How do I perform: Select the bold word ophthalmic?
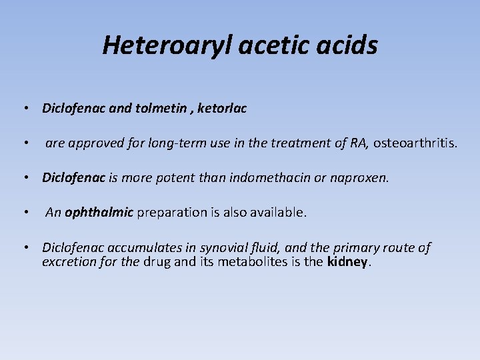pos(99,213)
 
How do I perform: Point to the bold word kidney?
pos(347,262)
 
